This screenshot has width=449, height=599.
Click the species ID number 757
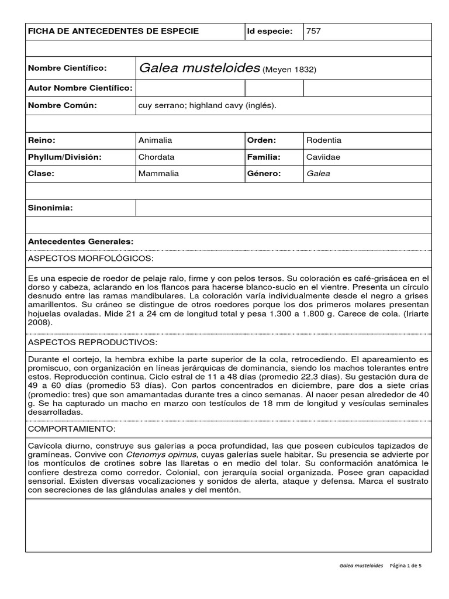point(313,31)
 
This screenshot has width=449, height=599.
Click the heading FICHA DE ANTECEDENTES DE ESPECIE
point(113,31)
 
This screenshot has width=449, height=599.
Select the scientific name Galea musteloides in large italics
point(199,68)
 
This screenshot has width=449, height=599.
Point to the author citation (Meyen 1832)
point(289,70)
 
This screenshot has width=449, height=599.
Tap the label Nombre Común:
point(63,105)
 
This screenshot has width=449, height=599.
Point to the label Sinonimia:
point(51,208)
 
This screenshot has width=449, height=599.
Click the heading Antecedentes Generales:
point(81,241)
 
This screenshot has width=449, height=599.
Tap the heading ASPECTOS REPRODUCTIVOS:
point(92,342)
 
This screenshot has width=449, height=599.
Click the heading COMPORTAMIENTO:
point(72,429)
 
